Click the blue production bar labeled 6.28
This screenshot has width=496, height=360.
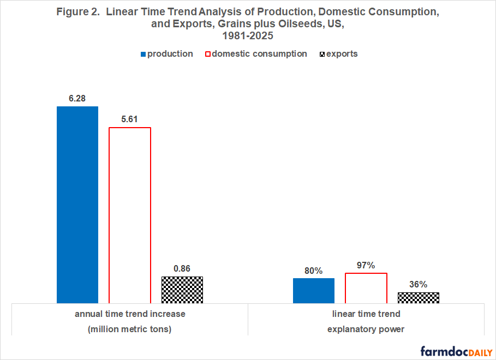click(77, 204)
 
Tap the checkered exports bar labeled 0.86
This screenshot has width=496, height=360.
click(182, 289)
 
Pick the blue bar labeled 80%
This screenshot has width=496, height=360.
click(314, 290)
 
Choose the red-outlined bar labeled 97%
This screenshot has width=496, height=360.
click(366, 287)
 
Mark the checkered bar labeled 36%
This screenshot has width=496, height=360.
click(419, 297)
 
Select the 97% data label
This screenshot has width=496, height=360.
click(366, 265)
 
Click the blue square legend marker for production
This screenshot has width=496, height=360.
click(144, 54)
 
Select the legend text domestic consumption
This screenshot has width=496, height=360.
click(259, 54)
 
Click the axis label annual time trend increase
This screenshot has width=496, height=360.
click(130, 314)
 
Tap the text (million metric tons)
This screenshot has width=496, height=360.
click(130, 329)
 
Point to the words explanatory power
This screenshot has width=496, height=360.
click(366, 329)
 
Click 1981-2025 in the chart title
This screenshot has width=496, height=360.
click(247, 35)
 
